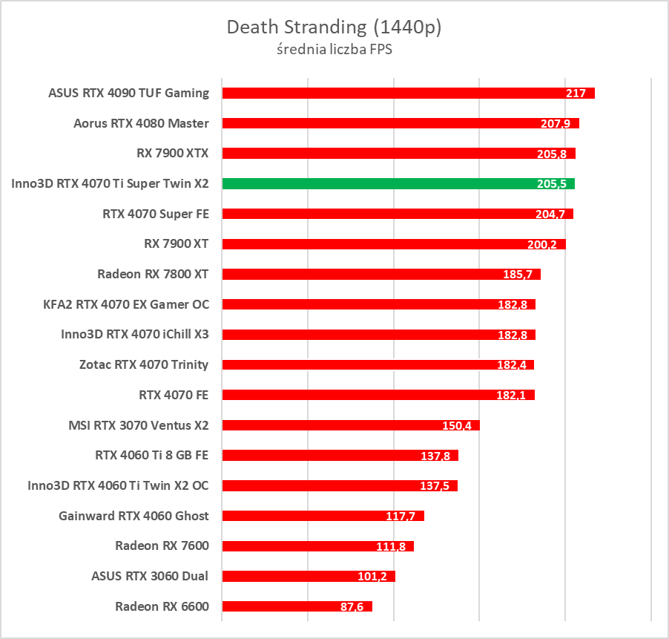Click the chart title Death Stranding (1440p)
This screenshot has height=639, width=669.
pyautogui.click(x=334, y=27)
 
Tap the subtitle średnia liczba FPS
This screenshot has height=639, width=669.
pyautogui.click(x=334, y=50)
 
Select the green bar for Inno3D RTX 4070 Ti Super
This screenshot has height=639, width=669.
pyautogui.click(x=371, y=183)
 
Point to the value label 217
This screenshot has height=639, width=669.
pyautogui.click(x=576, y=94)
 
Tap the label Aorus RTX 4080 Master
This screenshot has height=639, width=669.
pyautogui.click(x=141, y=123)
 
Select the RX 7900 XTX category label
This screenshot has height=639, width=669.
pyautogui.click(x=173, y=154)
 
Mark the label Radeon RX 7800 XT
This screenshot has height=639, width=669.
pyautogui.click(x=153, y=274)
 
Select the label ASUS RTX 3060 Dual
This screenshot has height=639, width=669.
pyautogui.click(x=150, y=576)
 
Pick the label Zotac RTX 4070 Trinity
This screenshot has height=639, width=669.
pyautogui.click(x=144, y=364)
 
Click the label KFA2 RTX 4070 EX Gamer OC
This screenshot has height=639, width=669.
pyautogui.click(x=126, y=304)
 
